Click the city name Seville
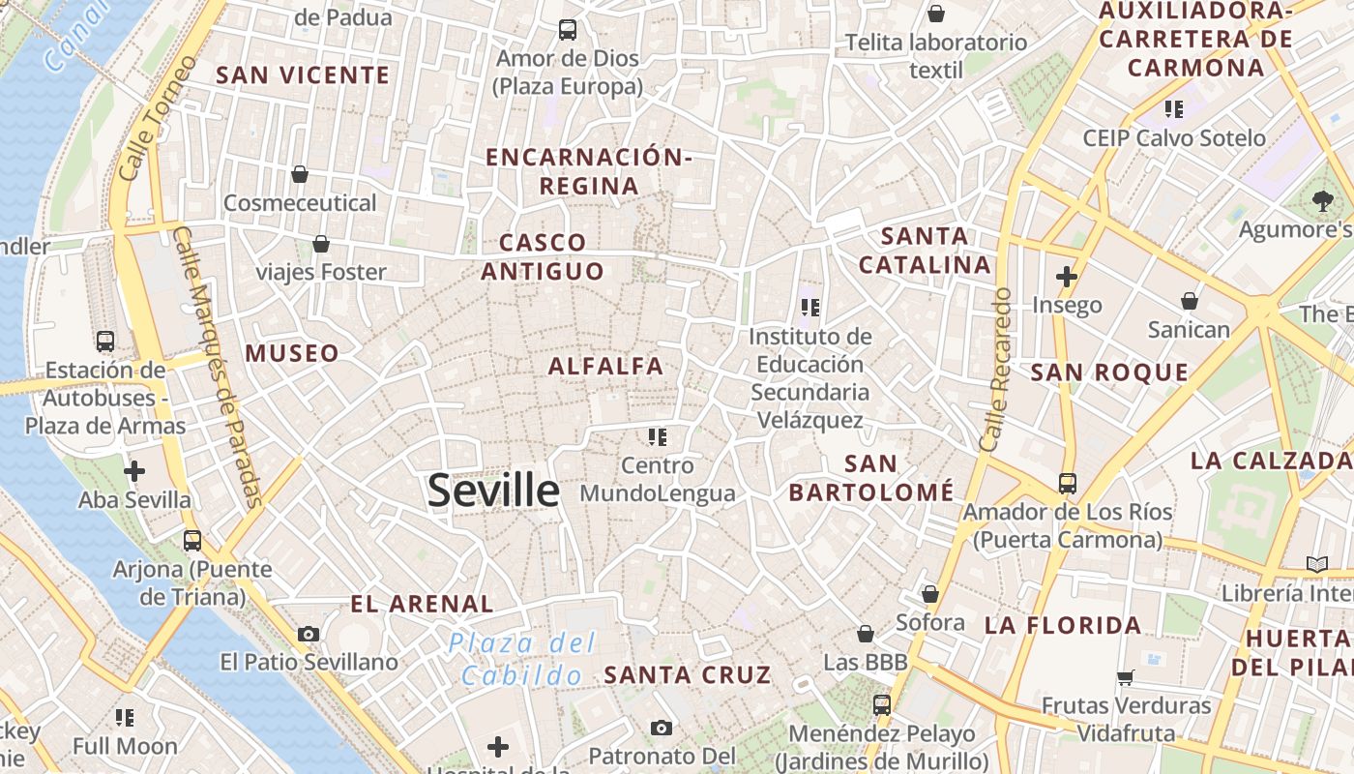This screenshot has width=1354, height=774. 493,491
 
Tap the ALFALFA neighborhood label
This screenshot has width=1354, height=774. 606,367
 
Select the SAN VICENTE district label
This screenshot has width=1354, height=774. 303,75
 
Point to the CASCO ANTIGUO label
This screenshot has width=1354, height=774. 543,256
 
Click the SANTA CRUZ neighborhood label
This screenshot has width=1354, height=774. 688,675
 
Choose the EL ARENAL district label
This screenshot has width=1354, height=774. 422,605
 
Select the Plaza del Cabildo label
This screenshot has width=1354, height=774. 522,659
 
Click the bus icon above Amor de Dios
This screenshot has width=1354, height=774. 568,30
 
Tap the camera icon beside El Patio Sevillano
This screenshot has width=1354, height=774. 309,635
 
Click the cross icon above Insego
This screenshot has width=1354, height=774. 1067,278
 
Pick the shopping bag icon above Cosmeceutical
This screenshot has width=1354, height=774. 300,175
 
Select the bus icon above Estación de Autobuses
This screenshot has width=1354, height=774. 105,342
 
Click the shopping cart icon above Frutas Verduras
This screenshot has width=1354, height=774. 1125,677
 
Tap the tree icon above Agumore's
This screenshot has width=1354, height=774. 1322,201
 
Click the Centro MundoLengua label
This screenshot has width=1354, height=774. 658,480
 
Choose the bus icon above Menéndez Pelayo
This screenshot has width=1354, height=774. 881,705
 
